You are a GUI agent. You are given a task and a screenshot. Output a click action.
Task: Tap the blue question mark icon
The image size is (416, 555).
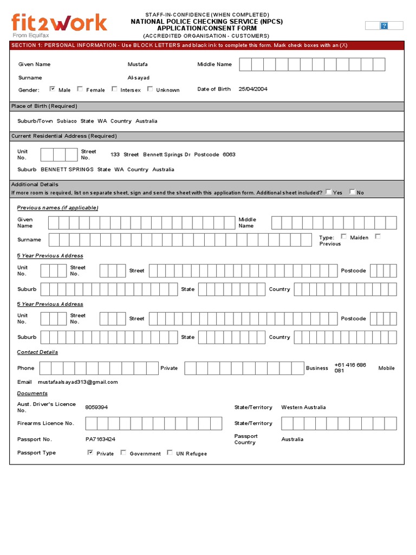pyautogui.click(x=384, y=25)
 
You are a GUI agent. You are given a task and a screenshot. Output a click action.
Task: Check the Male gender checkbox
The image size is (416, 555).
pyautogui.click(x=53, y=89)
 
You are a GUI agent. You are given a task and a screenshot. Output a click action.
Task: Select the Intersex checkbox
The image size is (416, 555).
pyautogui.click(x=114, y=89)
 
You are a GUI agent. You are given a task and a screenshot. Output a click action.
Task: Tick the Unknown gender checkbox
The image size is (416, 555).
pyautogui.click(x=150, y=89)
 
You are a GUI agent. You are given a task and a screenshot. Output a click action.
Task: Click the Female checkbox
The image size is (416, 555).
pyautogui.click(x=80, y=89)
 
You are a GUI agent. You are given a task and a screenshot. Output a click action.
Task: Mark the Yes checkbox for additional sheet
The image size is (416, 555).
pyautogui.click(x=328, y=192)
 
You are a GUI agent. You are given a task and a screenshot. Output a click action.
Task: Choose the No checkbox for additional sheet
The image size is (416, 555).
pyautogui.click(x=352, y=192)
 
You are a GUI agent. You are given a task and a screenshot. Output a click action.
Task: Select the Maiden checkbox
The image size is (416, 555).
pyautogui.click(x=344, y=236)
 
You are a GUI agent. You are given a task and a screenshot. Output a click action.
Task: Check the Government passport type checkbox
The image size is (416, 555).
pyautogui.click(x=123, y=453)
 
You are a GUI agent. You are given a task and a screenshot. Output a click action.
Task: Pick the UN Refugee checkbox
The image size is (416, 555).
pyautogui.click(x=170, y=453)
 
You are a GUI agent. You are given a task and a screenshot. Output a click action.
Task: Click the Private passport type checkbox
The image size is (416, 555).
pyautogui.click(x=90, y=453)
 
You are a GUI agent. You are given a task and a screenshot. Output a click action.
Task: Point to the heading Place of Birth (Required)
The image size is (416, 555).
pyautogui.click(x=44, y=106)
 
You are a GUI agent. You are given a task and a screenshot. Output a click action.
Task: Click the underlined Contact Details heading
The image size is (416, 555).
pyautogui.click(x=37, y=352)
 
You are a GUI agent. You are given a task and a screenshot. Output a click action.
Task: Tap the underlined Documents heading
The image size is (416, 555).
pyautogui.click(x=32, y=393)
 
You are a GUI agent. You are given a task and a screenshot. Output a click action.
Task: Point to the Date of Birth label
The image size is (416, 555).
pyautogui.click(x=214, y=89)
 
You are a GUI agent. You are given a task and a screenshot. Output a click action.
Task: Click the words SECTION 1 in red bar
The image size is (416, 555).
pyautogui.click(x=26, y=46)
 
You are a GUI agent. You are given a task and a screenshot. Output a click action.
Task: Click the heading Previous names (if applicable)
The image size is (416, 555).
pyautogui.click(x=57, y=208)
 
